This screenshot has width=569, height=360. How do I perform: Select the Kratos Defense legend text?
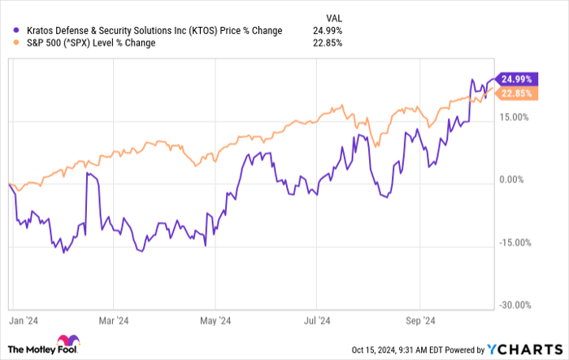click(150, 31)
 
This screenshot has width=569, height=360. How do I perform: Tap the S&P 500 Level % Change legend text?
click(101, 42)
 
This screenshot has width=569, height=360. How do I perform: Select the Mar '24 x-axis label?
click(115, 319)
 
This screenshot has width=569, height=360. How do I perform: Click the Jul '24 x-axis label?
click(317, 319)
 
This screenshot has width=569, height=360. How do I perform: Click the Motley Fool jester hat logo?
click(67, 342)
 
